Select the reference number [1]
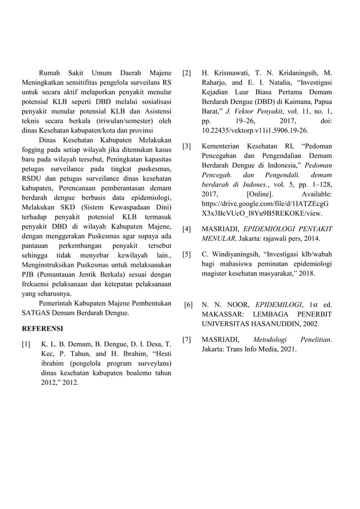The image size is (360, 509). point(25,344)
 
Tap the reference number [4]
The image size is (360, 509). point(187,229)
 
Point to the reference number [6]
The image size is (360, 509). point(188,305)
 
